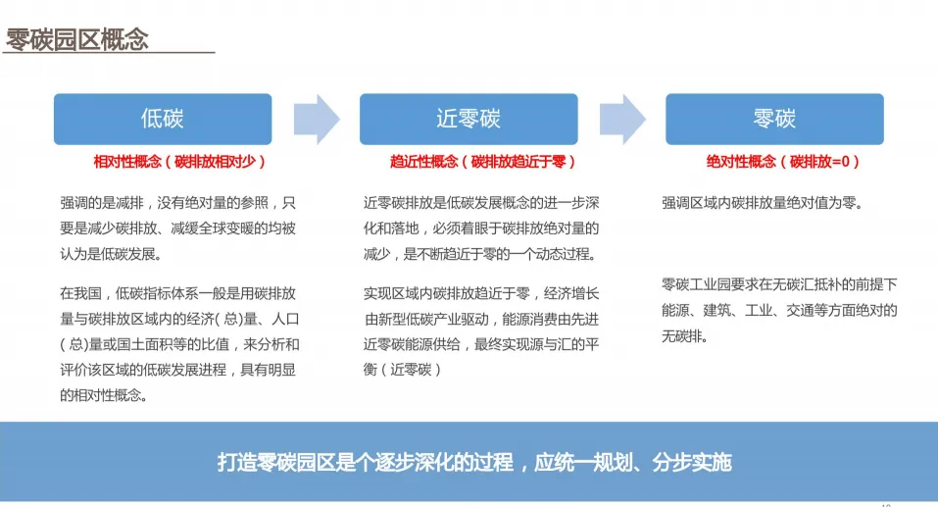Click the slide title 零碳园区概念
[x=77, y=39]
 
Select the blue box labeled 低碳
[x=162, y=119]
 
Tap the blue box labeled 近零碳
[x=468, y=119]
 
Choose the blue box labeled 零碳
[x=773, y=119]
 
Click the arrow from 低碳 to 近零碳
[x=316, y=119]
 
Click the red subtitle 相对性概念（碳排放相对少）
[x=179, y=161]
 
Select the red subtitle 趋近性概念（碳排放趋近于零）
[x=482, y=161]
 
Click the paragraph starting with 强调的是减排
[x=177, y=228]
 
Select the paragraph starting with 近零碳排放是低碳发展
[x=481, y=228]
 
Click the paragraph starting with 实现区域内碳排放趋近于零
[x=481, y=330]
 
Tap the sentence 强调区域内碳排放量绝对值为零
[x=762, y=203]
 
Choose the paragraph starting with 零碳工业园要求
[x=779, y=310]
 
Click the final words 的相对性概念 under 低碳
[x=104, y=395]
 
